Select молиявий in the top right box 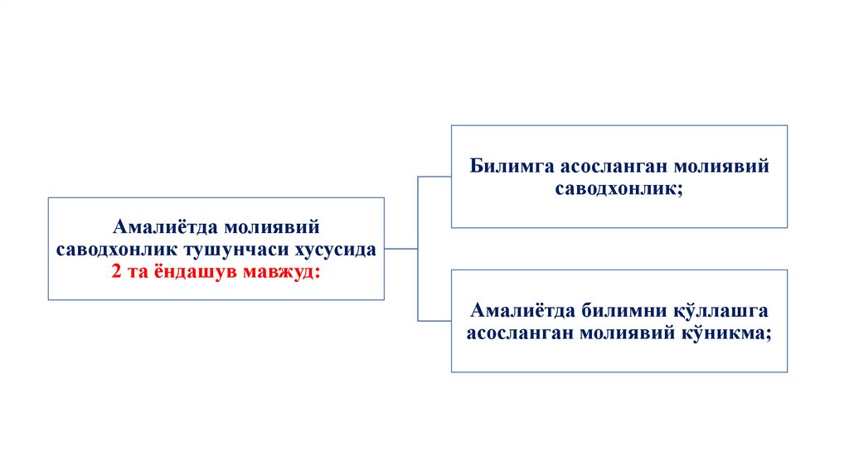pos(725,166)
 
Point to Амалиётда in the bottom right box pos(514,310)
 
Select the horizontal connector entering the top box pos(434,177)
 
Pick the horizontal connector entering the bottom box pos(434,320)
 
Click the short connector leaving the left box pos(401,248)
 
